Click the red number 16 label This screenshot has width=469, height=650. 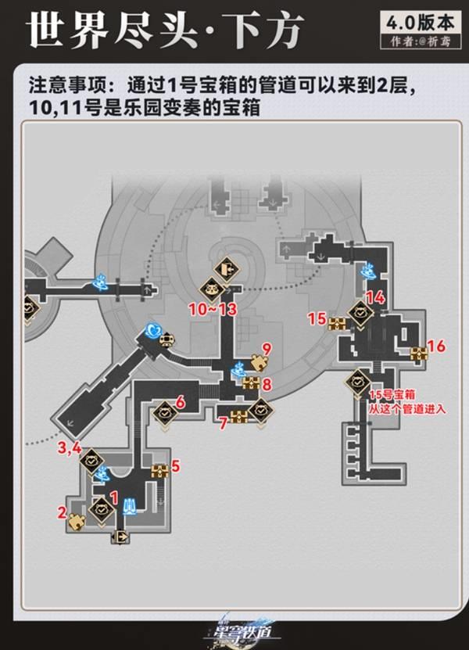pos(437,346)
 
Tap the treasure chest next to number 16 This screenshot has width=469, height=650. pos(419,352)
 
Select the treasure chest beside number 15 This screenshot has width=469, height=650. pos(338,323)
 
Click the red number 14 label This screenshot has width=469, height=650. pos(376,297)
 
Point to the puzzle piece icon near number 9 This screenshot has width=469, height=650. pos(258,361)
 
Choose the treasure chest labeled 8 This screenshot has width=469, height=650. pos(250,382)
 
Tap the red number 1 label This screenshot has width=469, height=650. pos(114,496)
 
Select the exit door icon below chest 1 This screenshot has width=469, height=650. pos(121,536)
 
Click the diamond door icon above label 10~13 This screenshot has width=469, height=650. pos(225,268)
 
